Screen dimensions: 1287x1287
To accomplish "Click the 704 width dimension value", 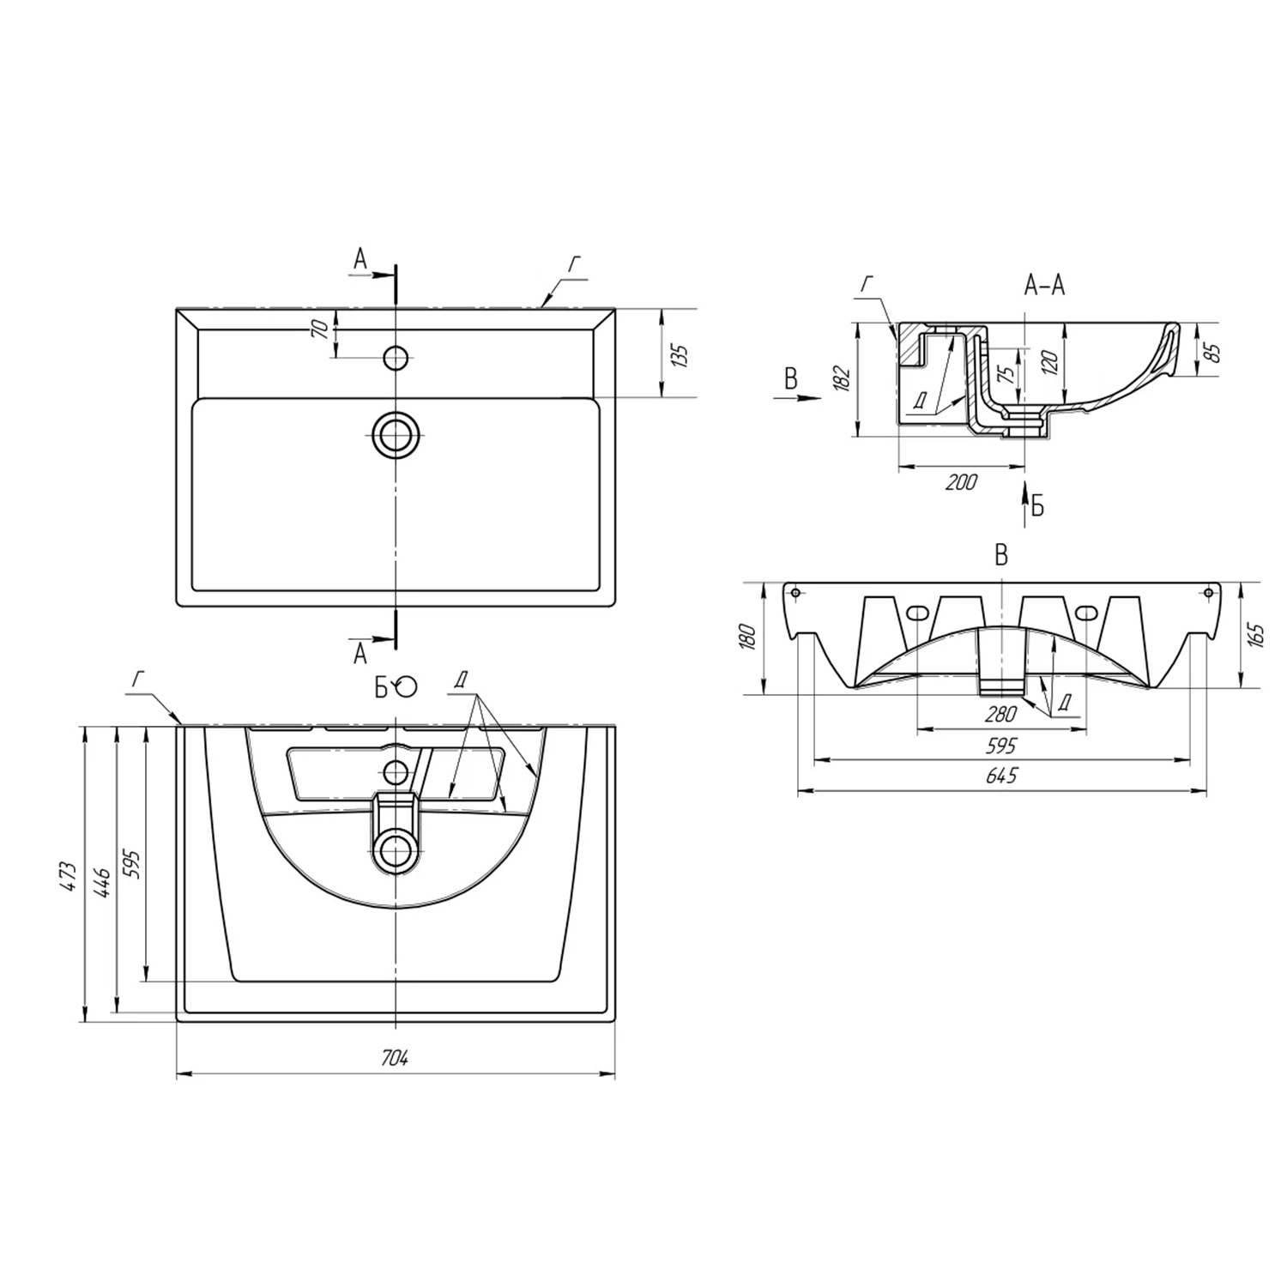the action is [395, 1059].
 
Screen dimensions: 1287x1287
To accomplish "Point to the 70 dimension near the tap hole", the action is [321, 327].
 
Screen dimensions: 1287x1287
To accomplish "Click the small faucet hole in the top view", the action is [396, 356].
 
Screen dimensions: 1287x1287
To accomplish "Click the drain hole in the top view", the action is [396, 434].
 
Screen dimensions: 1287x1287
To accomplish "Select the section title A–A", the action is [1044, 286].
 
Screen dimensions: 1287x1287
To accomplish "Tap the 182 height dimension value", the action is [842, 378].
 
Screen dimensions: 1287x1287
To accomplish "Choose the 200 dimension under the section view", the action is [961, 482].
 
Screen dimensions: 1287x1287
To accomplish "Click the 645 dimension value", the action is [1002, 776].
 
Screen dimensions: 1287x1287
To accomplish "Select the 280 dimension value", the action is [1000, 714].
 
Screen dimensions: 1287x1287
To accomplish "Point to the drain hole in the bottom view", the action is [396, 850].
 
